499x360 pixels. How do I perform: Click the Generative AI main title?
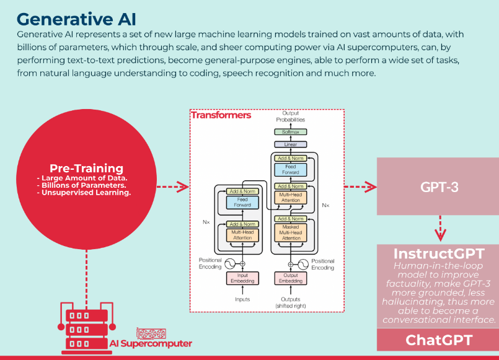pyautogui.click(x=77, y=17)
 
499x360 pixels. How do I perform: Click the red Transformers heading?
pyautogui.click(x=221, y=115)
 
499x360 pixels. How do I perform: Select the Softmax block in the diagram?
pyautogui.click(x=290, y=132)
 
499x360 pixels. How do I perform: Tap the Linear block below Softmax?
pyautogui.click(x=290, y=144)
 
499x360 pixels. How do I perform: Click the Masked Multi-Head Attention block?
pyautogui.click(x=291, y=232)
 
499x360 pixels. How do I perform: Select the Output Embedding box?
pyautogui.click(x=291, y=278)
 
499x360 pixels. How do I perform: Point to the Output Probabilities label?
pyautogui.click(x=290, y=116)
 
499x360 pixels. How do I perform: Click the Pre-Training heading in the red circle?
pyautogui.click(x=86, y=169)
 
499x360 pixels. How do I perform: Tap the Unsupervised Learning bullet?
pyautogui.click(x=85, y=193)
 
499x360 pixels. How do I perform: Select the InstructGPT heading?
pyautogui.click(x=439, y=253)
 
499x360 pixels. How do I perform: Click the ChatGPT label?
pyautogui.click(x=439, y=340)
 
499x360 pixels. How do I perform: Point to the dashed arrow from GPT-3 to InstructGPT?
pyautogui.click(x=439, y=228)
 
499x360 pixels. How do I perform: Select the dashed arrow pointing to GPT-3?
pyautogui.click(x=360, y=187)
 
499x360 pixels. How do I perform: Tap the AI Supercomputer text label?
pyautogui.click(x=151, y=344)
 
